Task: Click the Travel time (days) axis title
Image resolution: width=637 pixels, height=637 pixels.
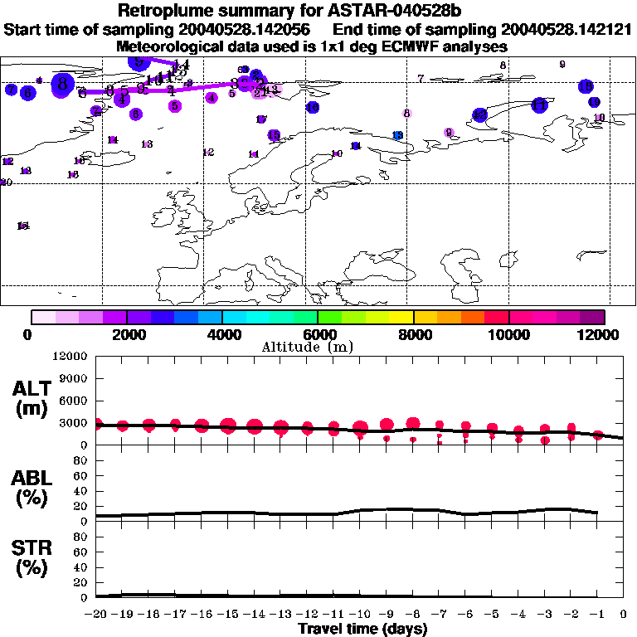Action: (x=362, y=630)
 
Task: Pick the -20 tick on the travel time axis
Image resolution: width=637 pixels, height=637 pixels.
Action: (x=96, y=615)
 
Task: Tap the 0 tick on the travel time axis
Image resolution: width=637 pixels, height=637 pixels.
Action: (x=624, y=615)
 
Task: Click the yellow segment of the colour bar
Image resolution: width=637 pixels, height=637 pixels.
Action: (x=401, y=317)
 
